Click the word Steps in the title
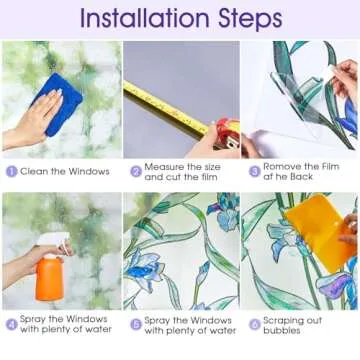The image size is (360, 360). coord(250,19)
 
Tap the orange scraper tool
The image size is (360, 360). coord(318,231)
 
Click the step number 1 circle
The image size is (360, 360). coord(11,172)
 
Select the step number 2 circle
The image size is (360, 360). coord(136,172)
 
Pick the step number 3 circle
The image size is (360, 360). coord(254,172)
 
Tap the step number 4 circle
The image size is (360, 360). coord(11,324)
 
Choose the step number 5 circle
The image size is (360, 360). coord(136,324)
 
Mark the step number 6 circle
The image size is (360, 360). coord(254,324)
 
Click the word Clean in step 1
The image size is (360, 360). coord(32,172)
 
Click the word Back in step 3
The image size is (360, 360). coord(301,177)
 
